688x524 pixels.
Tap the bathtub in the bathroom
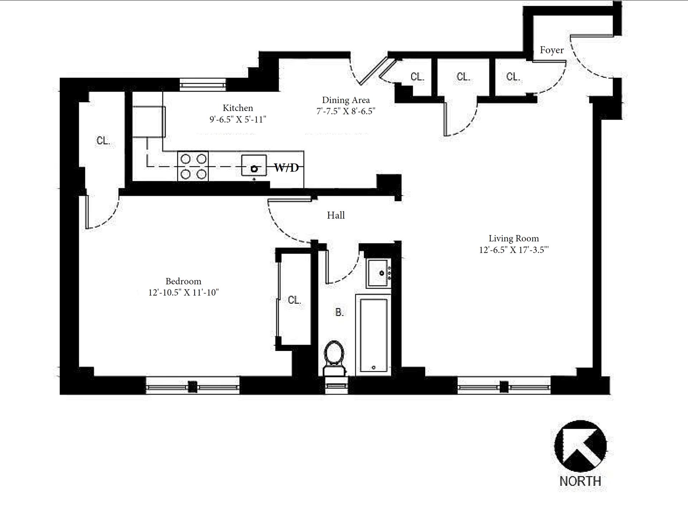pyautogui.click(x=373, y=335)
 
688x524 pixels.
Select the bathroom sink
pyautogui.click(x=378, y=273)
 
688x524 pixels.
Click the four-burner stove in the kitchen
pyautogui.click(x=193, y=166)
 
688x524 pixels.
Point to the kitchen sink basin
pyautogui.click(x=254, y=165)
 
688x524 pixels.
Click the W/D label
pyautogui.click(x=287, y=167)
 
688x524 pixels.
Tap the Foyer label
pyautogui.click(x=551, y=50)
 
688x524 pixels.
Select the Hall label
pyautogui.click(x=336, y=215)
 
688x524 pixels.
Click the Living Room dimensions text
pyautogui.click(x=513, y=250)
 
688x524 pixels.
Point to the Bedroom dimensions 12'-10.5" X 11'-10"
pyautogui.click(x=183, y=292)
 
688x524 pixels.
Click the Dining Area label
pyautogui.click(x=345, y=100)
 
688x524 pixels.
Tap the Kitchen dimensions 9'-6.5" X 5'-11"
pyautogui.click(x=238, y=119)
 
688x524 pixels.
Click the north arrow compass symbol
pyautogui.click(x=580, y=446)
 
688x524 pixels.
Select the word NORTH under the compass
pyautogui.click(x=580, y=481)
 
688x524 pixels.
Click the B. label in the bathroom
pyautogui.click(x=339, y=312)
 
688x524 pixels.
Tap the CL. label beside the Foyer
pyautogui.click(x=513, y=77)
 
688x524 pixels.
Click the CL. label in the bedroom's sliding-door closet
pyautogui.click(x=294, y=300)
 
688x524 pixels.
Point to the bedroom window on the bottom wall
pyautogui.click(x=193, y=387)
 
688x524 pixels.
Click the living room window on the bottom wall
pyautogui.click(x=504, y=387)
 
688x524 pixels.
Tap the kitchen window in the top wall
pyautogui.click(x=203, y=85)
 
